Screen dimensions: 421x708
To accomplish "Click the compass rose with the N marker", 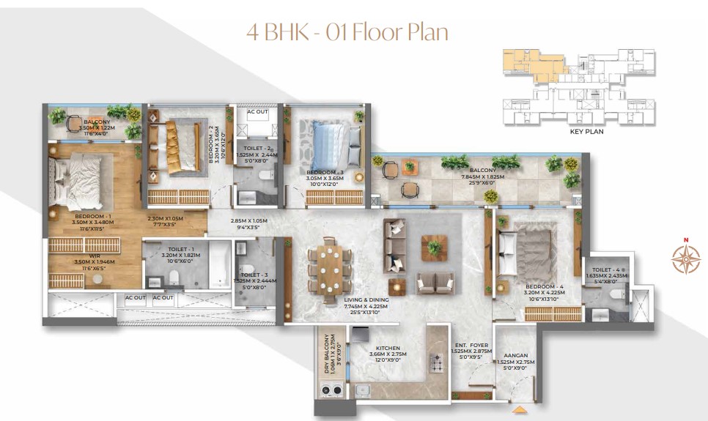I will pos(686,257).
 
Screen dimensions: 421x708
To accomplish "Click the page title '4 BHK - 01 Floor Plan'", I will pos(348,32).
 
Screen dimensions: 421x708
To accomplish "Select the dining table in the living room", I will pos(322,267).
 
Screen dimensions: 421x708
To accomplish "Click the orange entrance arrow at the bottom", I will pos(520,410).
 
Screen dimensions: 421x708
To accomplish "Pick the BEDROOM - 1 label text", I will pos(92,217).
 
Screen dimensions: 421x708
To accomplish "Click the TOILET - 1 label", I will pos(176,250).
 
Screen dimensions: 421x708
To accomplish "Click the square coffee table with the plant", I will pos(434,248).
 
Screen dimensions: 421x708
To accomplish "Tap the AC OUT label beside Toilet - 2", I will pos(257,112).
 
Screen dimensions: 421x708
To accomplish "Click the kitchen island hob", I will pos(438,362).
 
